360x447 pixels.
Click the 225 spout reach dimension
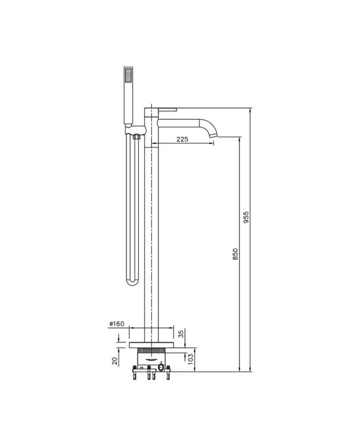182,139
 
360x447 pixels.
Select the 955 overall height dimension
246,217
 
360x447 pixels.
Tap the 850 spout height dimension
235,254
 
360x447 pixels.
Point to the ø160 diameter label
117,324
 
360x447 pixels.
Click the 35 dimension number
181,334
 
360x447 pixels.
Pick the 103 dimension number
190,359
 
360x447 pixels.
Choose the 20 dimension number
115,361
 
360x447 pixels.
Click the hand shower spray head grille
128,74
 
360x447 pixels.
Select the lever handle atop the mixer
168,110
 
